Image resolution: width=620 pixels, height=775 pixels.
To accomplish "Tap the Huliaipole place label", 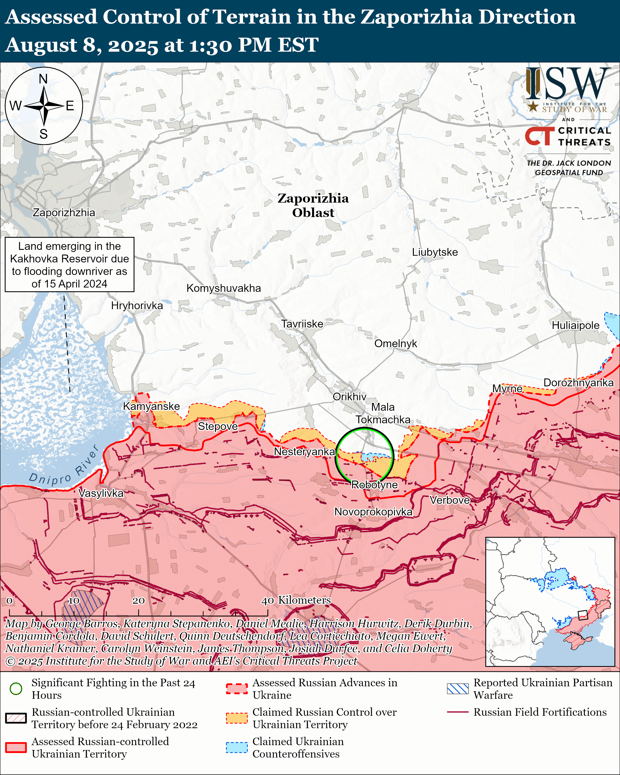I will pyautogui.click(x=575, y=325).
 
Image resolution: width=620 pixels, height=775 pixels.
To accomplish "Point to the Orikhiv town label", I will pyautogui.click(x=349, y=397).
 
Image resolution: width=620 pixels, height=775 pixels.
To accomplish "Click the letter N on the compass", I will pyautogui.click(x=43, y=79).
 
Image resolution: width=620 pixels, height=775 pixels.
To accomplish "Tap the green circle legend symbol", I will pyautogui.click(x=16, y=689).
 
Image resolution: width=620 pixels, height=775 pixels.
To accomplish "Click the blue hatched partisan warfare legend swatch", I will pyautogui.click(x=458, y=689).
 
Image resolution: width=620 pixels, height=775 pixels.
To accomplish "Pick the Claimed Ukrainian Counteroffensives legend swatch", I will pyautogui.click(x=237, y=747).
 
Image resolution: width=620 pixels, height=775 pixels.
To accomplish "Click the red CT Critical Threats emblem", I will pyautogui.click(x=539, y=136).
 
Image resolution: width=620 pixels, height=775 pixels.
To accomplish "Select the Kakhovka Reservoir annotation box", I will pyautogui.click(x=69, y=265).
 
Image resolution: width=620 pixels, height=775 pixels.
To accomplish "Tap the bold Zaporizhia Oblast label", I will pyautogui.click(x=313, y=205).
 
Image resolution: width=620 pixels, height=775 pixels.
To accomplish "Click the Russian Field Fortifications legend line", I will pyautogui.click(x=458, y=712).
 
